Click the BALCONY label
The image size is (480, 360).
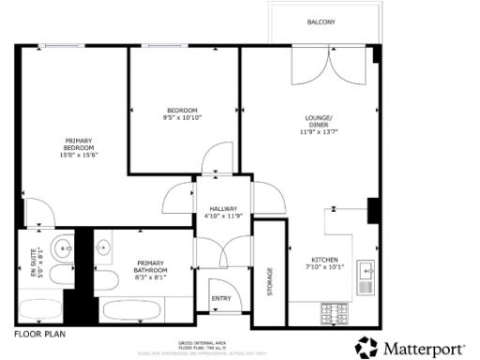pyautogui.click(x=321, y=22)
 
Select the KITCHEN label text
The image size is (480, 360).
pyautogui.click(x=325, y=260)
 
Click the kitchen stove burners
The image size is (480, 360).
pyautogui.click(x=334, y=313)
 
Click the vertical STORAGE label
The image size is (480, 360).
pyautogui.click(x=271, y=281)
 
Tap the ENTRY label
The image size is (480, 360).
pyautogui.click(x=220, y=298)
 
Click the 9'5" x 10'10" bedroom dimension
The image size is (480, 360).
pyautogui.click(x=184, y=118)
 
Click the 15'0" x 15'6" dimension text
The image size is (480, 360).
pyautogui.click(x=79, y=156)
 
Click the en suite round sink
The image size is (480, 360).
pyautogui.click(x=62, y=249)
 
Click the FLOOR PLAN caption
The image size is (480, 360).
pyautogui.click(x=39, y=333)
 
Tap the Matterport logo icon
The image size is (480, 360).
pyautogui.click(x=367, y=346)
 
